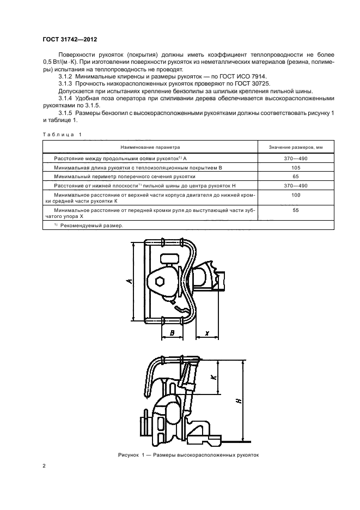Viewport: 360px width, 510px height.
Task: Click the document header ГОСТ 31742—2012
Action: click(x=71, y=40)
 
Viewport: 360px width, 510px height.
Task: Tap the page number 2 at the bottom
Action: click(x=45, y=466)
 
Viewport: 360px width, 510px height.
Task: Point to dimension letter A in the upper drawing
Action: click(x=129, y=281)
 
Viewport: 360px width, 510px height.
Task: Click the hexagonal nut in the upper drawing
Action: click(x=160, y=282)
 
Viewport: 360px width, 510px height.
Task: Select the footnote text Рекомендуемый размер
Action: click(x=91, y=225)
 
